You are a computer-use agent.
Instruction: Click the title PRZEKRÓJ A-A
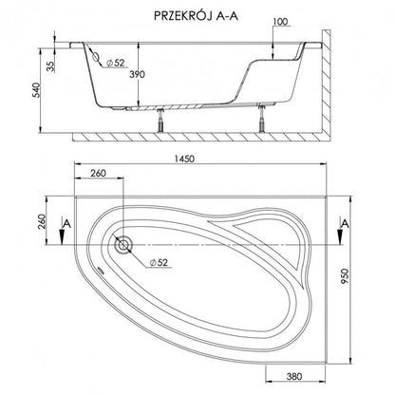(196, 16)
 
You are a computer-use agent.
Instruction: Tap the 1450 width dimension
(184, 159)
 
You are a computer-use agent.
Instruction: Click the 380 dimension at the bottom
(294, 376)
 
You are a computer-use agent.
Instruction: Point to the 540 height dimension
(37, 90)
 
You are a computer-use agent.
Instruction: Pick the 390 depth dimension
(137, 74)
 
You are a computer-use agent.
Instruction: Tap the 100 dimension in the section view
(280, 22)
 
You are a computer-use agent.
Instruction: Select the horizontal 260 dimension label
(98, 173)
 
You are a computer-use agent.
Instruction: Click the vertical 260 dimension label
(42, 222)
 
